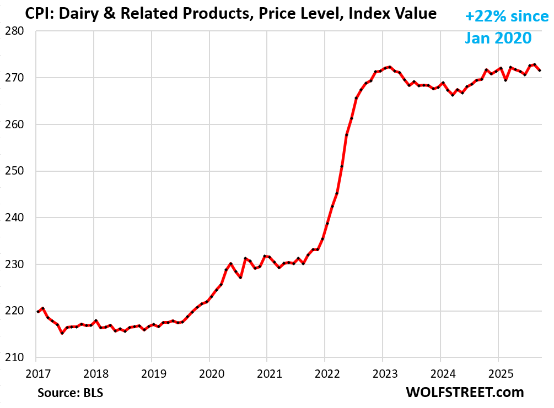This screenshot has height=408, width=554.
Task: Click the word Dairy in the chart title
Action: click(x=72, y=14)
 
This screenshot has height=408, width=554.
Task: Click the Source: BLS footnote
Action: click(x=71, y=393)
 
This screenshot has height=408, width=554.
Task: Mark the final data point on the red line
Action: click(x=539, y=70)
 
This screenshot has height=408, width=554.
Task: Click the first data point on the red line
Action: click(x=37, y=312)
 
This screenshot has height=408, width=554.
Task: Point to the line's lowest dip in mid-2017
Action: click(x=62, y=333)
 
